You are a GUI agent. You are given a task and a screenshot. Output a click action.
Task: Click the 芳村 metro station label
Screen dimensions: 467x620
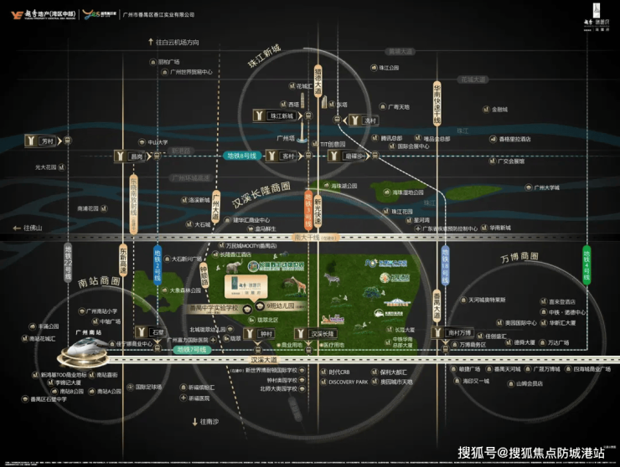pyautogui.click(x=46, y=141)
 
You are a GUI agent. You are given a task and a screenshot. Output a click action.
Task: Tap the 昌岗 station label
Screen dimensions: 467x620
pyautogui.click(x=136, y=156)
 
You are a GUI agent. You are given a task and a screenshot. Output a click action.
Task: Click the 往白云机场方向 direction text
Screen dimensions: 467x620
pyautogui.click(x=175, y=42)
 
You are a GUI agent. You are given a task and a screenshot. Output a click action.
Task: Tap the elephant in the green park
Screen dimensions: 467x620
pyautogui.click(x=233, y=267)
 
